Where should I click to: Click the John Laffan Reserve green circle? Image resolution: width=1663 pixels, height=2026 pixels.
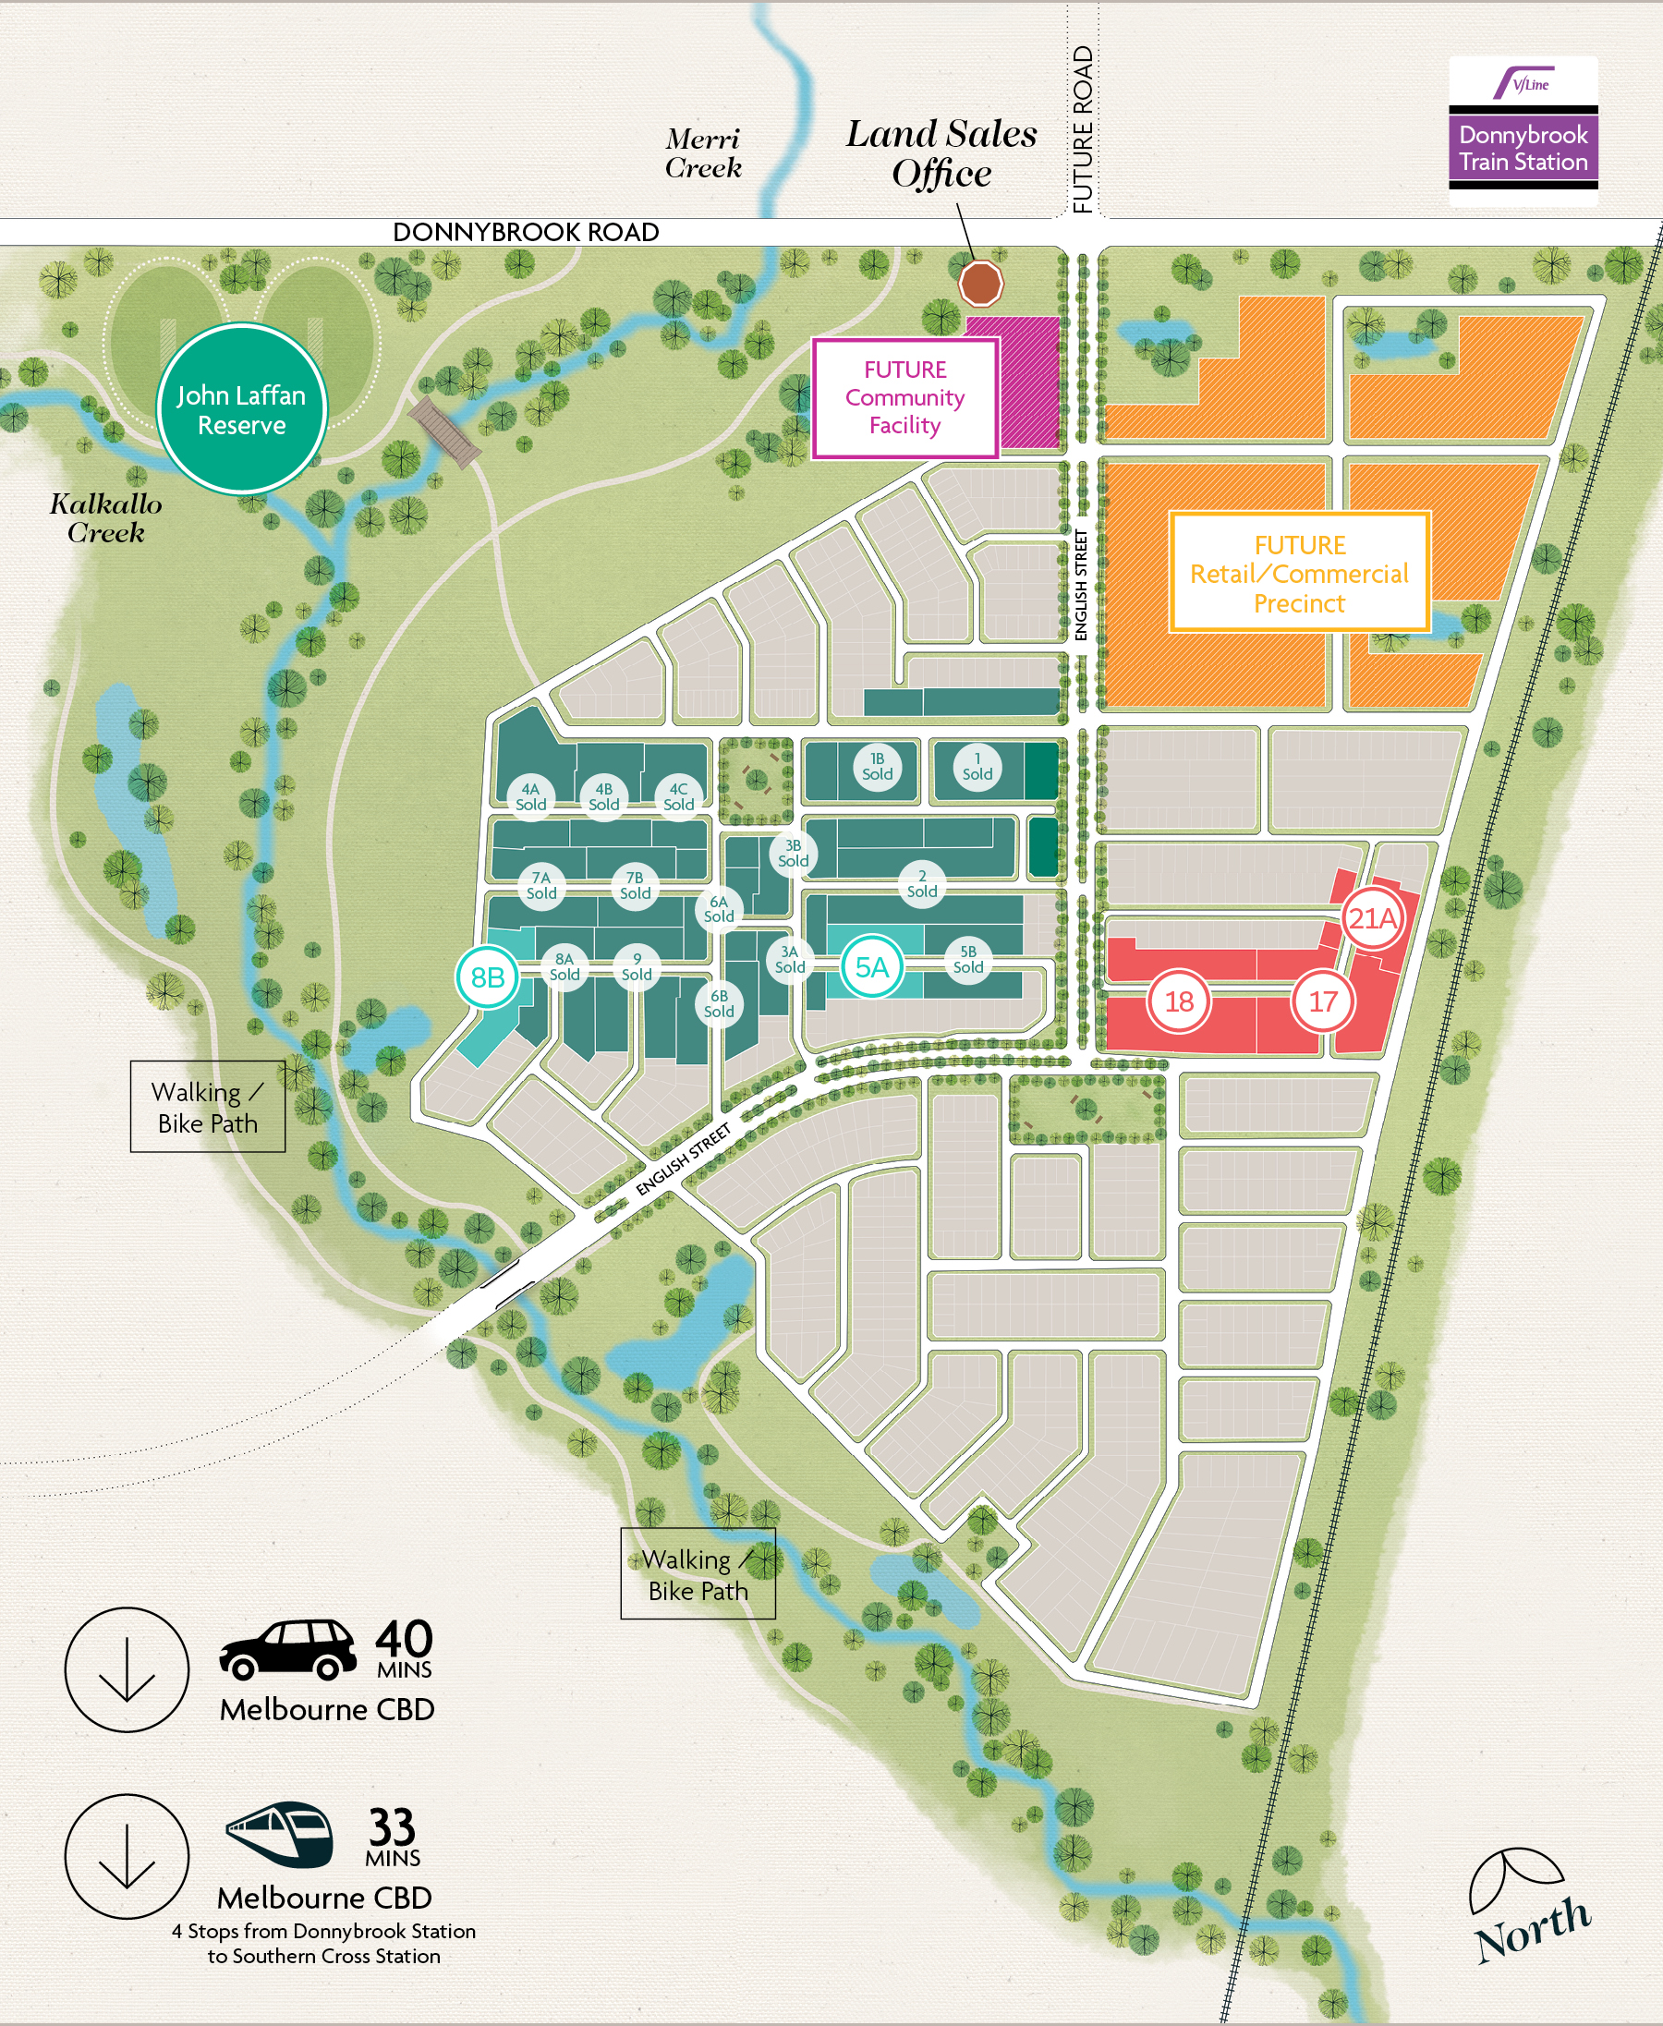click(241, 409)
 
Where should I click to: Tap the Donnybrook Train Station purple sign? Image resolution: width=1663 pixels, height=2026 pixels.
click(1523, 148)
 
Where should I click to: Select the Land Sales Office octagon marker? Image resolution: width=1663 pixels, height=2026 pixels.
click(981, 283)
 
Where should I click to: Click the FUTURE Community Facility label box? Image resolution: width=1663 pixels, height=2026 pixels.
click(904, 397)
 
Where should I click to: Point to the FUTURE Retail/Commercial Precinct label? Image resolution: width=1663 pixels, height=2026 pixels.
click(1299, 573)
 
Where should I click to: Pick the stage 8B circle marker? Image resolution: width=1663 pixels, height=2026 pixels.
click(488, 977)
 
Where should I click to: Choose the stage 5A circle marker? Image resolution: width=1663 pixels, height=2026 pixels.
click(871, 967)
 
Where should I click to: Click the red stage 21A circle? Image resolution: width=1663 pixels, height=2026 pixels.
click(1372, 918)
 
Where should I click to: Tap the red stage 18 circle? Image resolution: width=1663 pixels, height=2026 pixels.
click(1178, 1002)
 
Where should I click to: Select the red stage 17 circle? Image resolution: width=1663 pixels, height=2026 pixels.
click(1322, 1002)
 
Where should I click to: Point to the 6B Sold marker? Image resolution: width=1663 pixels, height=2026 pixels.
click(719, 1004)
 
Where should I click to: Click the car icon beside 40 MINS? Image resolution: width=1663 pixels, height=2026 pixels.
click(287, 1650)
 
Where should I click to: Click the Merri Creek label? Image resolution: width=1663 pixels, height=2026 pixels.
click(703, 153)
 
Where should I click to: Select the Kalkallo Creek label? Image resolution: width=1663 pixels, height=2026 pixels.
click(105, 518)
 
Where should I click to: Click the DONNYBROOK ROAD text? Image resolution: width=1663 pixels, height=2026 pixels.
click(525, 232)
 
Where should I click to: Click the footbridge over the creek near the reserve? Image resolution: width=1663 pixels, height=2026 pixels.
click(443, 432)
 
